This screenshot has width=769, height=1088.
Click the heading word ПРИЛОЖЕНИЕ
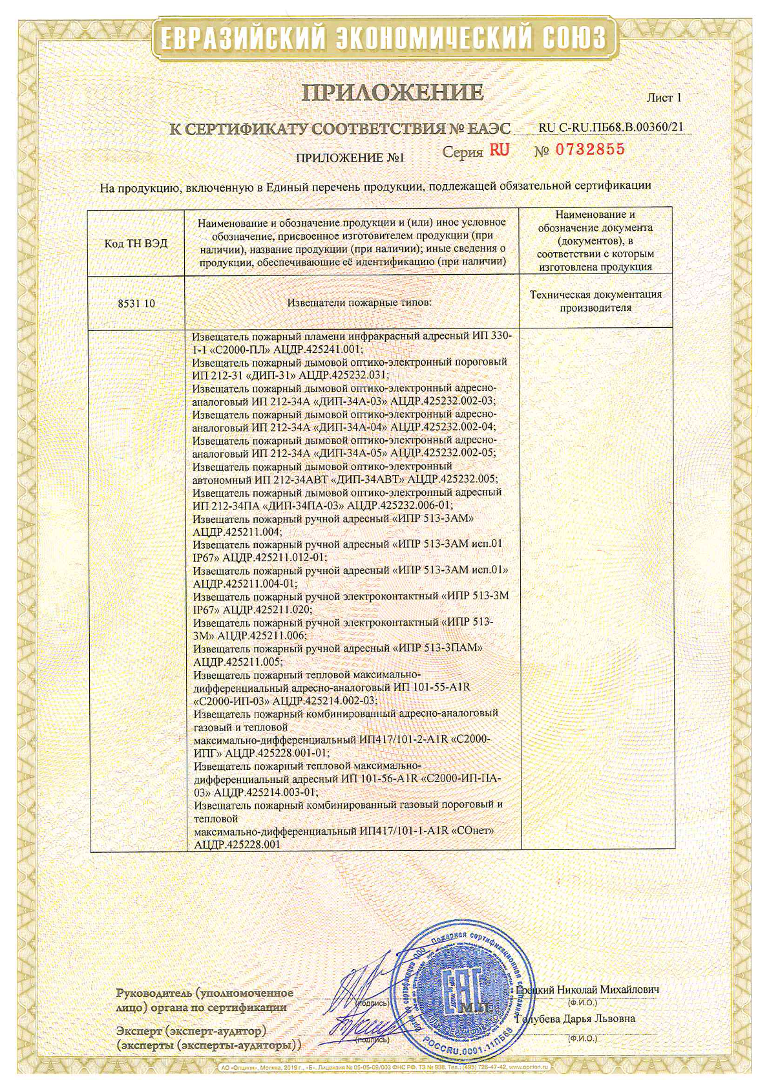tap(392, 93)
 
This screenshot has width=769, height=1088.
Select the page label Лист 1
tap(664, 98)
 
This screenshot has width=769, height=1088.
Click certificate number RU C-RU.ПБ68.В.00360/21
tap(610, 127)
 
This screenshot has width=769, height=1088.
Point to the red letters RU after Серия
tap(499, 150)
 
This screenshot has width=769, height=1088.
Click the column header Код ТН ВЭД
tap(136, 243)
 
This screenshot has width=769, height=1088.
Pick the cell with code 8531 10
tap(136, 303)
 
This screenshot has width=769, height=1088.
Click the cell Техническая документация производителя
tap(595, 301)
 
